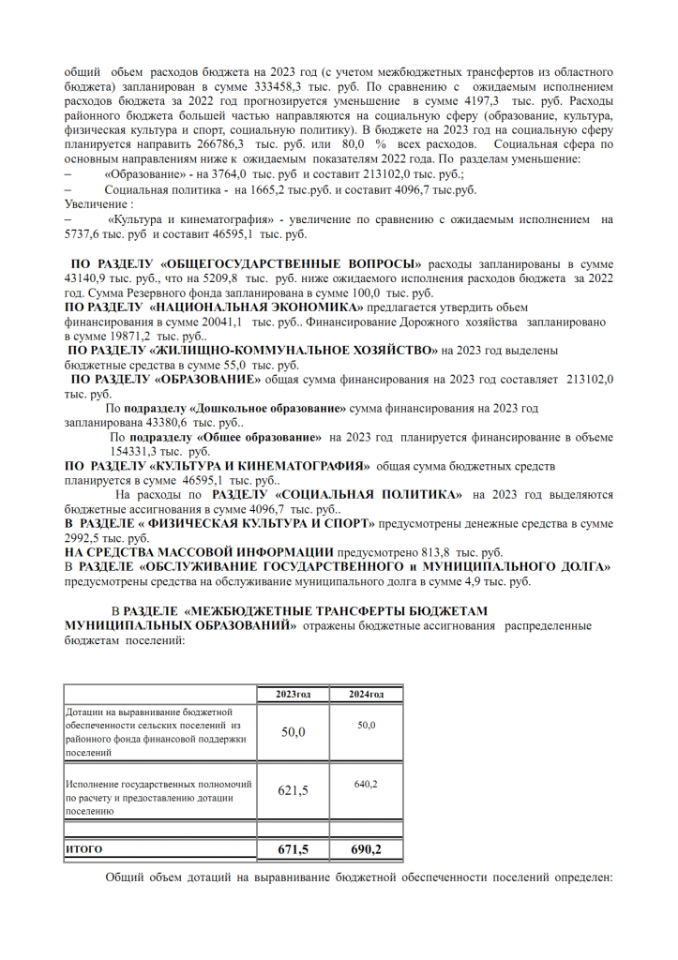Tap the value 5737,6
pyautogui.click(x=83, y=234)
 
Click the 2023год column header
pyautogui.click(x=294, y=694)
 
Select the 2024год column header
pyautogui.click(x=367, y=694)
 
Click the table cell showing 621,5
pyautogui.click(x=294, y=789)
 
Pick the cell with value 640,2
pyautogui.click(x=367, y=784)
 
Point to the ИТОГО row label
pyautogui.click(x=83, y=849)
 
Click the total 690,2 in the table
pyautogui.click(x=367, y=849)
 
